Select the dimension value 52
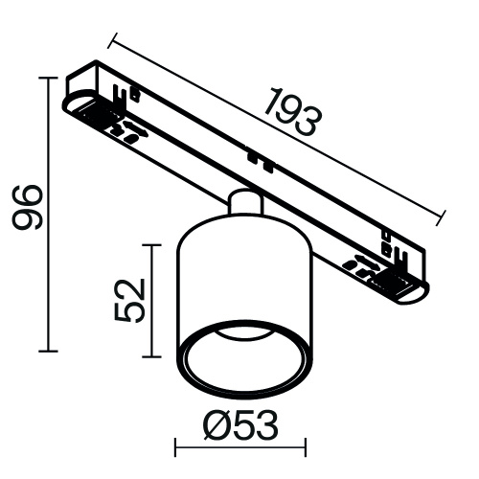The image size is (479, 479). (x=129, y=300)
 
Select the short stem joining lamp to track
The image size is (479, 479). (x=244, y=204)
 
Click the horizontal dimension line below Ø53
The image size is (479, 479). (x=239, y=445)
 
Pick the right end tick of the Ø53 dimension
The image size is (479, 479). (x=306, y=445)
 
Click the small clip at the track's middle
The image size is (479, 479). (x=252, y=154)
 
